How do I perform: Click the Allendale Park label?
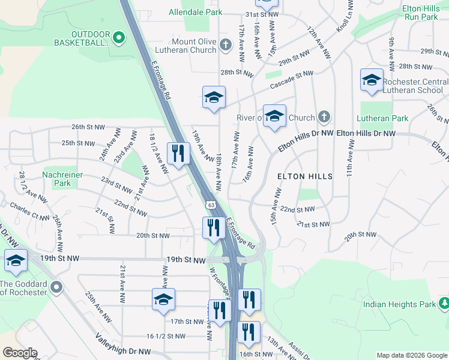click(195, 12)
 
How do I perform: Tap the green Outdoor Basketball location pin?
click(118, 38)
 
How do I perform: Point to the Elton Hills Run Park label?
click(421, 13)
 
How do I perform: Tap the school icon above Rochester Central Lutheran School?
click(372, 80)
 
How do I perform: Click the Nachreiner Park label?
click(62, 179)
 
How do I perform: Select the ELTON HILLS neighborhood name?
click(304, 176)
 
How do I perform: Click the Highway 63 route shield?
click(211, 205)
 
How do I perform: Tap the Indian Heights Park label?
click(399, 304)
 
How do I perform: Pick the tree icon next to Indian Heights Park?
click(443, 304)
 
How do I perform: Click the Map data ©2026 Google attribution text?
click(412, 355)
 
